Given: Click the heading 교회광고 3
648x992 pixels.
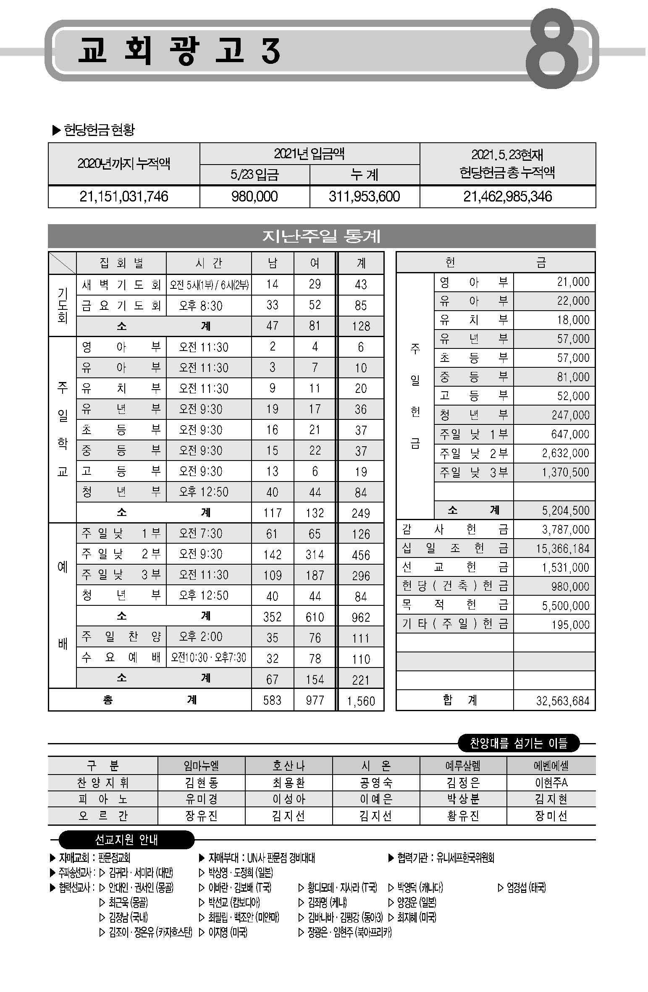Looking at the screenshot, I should click(x=179, y=51).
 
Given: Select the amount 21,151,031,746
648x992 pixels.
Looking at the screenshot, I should click(x=124, y=196).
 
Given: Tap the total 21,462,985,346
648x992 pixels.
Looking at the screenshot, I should click(x=507, y=196).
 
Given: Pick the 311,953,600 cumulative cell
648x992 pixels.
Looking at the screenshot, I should click(x=364, y=196).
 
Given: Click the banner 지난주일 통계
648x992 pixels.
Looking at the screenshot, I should click(x=321, y=236).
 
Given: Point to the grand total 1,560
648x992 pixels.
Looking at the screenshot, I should click(x=361, y=701).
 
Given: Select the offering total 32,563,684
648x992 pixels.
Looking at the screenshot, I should click(x=562, y=701).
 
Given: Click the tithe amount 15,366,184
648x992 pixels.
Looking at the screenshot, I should click(x=562, y=549).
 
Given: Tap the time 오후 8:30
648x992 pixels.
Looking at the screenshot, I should click(x=201, y=306).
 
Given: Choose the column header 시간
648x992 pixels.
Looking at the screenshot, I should click(x=208, y=263).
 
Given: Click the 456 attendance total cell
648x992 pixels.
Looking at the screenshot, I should click(x=361, y=555).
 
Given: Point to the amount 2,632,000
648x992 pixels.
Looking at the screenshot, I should click(x=565, y=453).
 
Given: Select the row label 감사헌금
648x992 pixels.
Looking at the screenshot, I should click(x=454, y=529).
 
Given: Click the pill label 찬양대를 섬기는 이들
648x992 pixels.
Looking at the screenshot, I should click(x=518, y=743).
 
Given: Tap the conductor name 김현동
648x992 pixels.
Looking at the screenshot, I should click(x=201, y=783).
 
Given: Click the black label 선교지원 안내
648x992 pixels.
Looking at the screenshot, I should click(x=126, y=840).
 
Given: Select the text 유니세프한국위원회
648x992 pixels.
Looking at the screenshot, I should click(x=465, y=858).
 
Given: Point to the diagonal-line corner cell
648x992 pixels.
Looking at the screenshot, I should click(x=62, y=263).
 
